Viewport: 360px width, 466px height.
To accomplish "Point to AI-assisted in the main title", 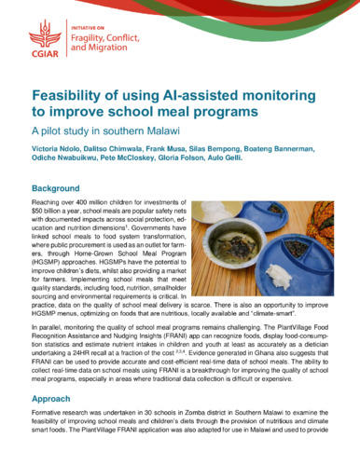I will pos(205,96).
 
